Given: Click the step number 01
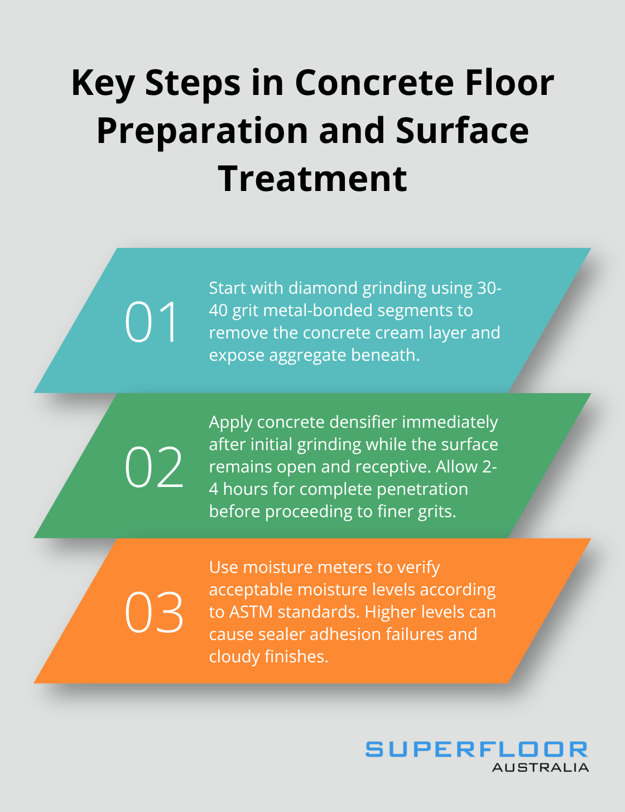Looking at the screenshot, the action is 151,322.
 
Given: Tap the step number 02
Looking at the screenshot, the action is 153,467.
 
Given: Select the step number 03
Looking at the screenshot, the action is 153,612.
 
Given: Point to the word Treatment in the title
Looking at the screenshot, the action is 312,179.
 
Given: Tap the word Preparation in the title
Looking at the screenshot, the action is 203,132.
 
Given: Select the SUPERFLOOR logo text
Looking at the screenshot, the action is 477,749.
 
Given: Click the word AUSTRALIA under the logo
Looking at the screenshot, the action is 540,767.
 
